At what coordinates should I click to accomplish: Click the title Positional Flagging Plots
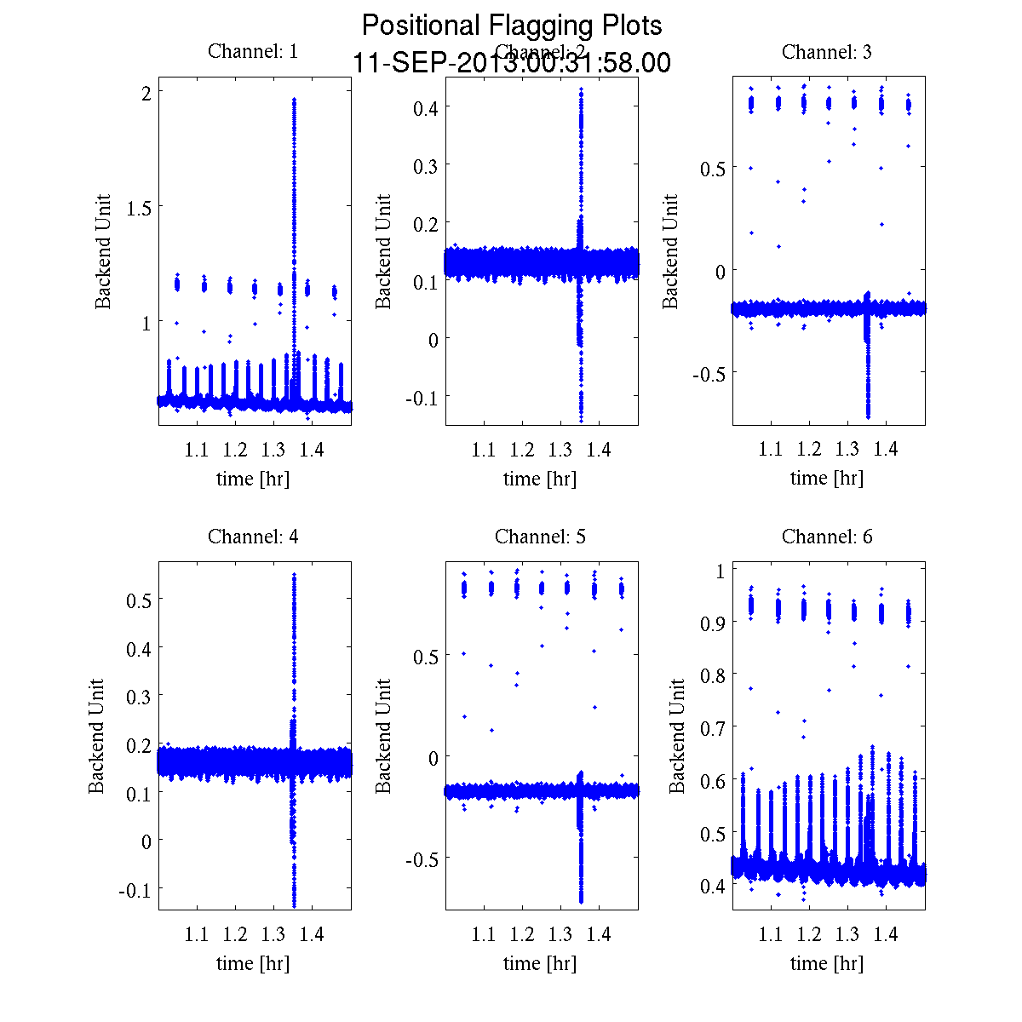click(512, 26)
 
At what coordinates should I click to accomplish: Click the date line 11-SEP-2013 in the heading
click(512, 63)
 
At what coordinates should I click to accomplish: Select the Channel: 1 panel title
click(253, 52)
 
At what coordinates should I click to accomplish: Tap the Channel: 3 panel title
click(827, 52)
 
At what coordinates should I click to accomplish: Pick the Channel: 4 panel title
click(253, 537)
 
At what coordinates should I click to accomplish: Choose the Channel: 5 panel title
click(540, 537)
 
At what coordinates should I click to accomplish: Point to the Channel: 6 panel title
click(827, 537)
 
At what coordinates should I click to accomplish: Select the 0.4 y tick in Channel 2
click(426, 107)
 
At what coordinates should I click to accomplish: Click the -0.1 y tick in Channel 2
click(422, 398)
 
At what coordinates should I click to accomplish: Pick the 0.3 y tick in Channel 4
click(139, 697)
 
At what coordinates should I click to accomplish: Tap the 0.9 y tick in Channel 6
click(713, 623)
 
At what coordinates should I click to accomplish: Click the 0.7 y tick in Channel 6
click(713, 727)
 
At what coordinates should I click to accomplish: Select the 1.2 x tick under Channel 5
click(522, 934)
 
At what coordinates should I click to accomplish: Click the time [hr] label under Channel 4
click(253, 963)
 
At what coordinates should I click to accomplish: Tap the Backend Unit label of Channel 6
click(677, 736)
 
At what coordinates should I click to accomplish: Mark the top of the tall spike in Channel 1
click(294, 100)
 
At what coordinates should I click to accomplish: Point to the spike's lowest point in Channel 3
click(868, 416)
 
